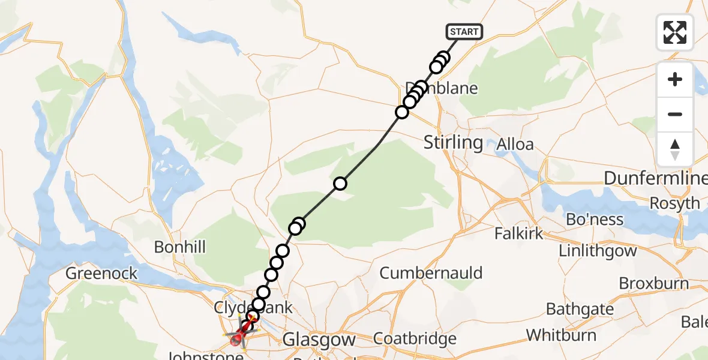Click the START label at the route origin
[x=464, y=32]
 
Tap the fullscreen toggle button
[x=675, y=32]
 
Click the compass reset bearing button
[x=675, y=149]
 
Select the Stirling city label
[x=453, y=143]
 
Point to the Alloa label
[x=515, y=145]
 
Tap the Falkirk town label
[x=520, y=233]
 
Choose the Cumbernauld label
[x=431, y=274]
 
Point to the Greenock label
[x=101, y=274]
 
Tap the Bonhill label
[x=180, y=247]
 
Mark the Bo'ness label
[x=595, y=220]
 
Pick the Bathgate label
[x=580, y=310]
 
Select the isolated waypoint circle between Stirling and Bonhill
[x=340, y=184]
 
